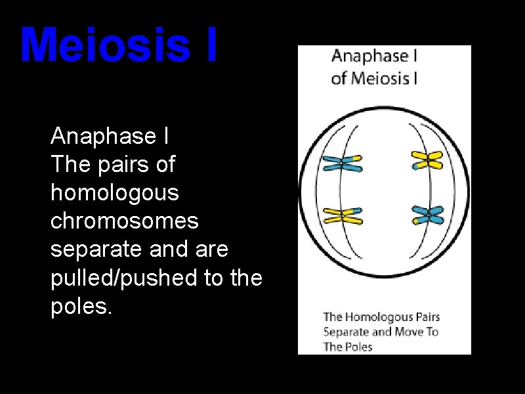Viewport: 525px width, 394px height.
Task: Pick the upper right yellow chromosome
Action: (427, 160)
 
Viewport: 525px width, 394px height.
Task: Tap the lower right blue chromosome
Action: (427, 215)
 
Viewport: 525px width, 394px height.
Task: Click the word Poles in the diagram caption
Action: (358, 347)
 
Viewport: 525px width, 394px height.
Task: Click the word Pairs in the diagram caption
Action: (427, 318)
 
